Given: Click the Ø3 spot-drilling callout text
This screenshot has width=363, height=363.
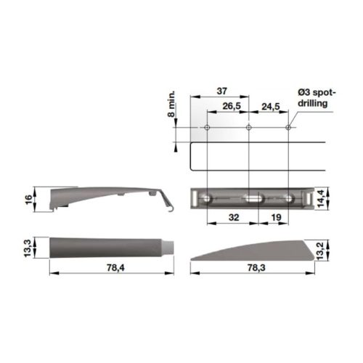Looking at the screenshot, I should coord(314,99).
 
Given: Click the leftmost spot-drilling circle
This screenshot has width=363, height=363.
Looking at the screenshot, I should coord(207,129).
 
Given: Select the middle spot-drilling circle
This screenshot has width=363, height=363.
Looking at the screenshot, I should coord(248,129).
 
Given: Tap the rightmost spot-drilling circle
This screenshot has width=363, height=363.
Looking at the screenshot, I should coord(288,129).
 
